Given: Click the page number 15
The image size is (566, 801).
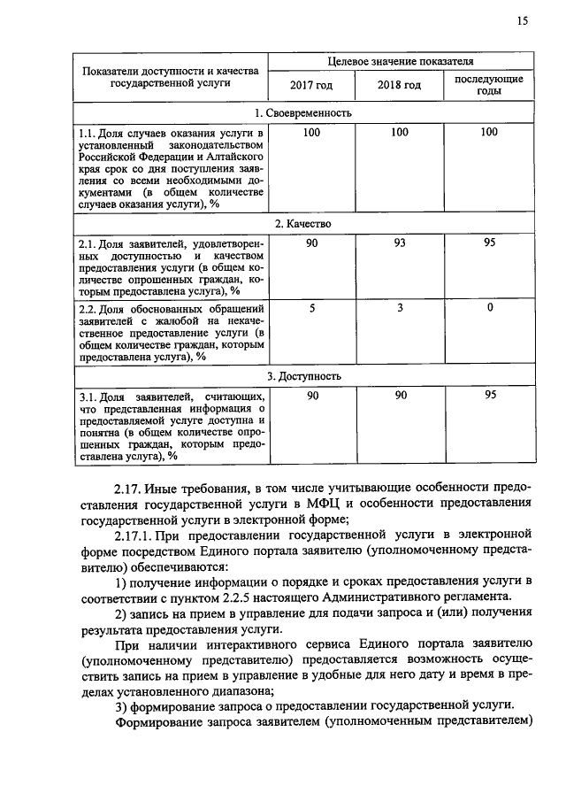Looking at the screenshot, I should click(523, 22).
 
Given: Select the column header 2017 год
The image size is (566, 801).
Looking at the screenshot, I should click(311, 85).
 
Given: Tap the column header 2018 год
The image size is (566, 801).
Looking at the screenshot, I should click(400, 85).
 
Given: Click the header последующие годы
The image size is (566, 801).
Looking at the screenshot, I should click(489, 85).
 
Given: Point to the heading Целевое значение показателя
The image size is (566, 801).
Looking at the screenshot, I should click(400, 62).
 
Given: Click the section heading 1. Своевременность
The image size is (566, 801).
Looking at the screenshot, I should click(302, 112).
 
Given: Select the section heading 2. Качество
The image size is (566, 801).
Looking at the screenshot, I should click(302, 224).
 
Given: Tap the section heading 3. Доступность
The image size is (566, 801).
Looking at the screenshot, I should click(302, 376).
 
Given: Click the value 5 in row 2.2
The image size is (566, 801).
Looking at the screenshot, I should click(311, 307).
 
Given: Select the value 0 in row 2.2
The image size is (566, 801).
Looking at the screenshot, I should click(489, 307).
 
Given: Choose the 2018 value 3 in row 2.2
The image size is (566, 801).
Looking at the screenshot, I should click(400, 307).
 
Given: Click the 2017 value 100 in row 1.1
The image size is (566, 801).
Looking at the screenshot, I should click(311, 132).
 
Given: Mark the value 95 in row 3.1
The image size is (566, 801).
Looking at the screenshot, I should click(489, 396).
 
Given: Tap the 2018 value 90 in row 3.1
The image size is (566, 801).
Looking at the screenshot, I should click(400, 396).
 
